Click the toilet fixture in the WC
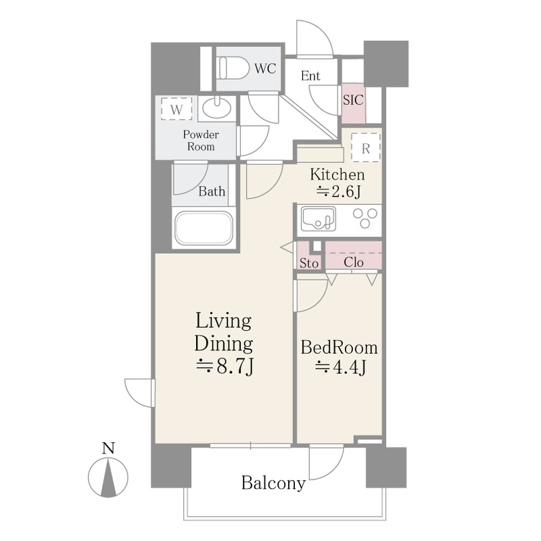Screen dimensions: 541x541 pyautogui.click(x=233, y=68)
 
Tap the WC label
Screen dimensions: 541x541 pyautogui.click(x=265, y=68)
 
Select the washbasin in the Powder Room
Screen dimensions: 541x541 pyautogui.click(x=216, y=108)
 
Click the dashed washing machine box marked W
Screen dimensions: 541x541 pyautogui.click(x=177, y=109)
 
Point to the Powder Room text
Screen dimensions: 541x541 pyautogui.click(x=201, y=141)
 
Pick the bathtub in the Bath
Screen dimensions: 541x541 pyautogui.click(x=204, y=228)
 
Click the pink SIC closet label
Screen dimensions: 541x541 pyautogui.click(x=353, y=100)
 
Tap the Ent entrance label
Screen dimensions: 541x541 pyautogui.click(x=310, y=76)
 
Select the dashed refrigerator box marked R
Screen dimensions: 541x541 pyautogui.click(x=366, y=147)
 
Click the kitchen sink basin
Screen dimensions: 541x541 pyautogui.click(x=318, y=218)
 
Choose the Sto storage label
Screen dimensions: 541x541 pyautogui.click(x=309, y=263)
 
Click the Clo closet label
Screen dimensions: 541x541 pyautogui.click(x=354, y=262)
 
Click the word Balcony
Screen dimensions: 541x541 pyautogui.click(x=273, y=483)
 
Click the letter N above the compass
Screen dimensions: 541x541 pyautogui.click(x=108, y=448)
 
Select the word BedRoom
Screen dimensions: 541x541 pyautogui.click(x=339, y=348)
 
